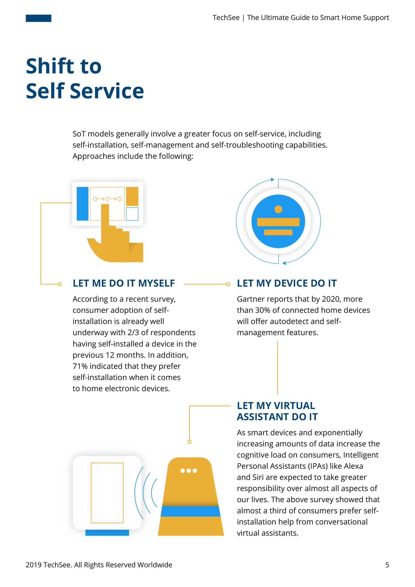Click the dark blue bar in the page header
tap(38, 18)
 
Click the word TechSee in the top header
tap(226, 18)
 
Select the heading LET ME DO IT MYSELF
tap(124, 283)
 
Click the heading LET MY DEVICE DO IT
tap(287, 283)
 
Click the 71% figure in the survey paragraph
tap(80, 366)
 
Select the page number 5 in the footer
tap(387, 565)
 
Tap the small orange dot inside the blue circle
tap(278, 209)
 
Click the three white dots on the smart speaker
tap(189, 471)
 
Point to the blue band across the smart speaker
tap(191, 511)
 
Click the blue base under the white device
tap(107, 533)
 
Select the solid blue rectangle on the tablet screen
tap(82, 204)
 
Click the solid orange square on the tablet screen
tap(132, 196)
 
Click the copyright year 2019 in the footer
tap(34, 565)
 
